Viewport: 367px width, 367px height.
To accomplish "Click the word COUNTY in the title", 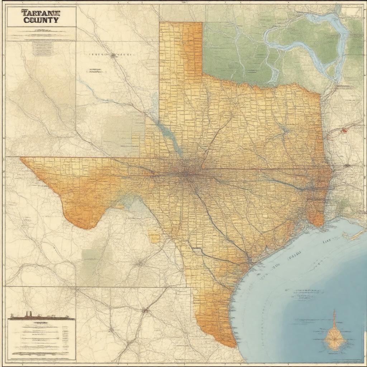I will click(x=41, y=20).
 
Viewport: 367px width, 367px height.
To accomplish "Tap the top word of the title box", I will click(x=41, y=13).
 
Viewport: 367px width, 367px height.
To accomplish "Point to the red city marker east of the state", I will click(x=344, y=131).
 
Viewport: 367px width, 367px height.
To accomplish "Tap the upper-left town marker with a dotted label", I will click(x=114, y=55).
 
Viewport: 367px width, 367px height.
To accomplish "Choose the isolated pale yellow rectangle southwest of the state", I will click(x=154, y=237).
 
